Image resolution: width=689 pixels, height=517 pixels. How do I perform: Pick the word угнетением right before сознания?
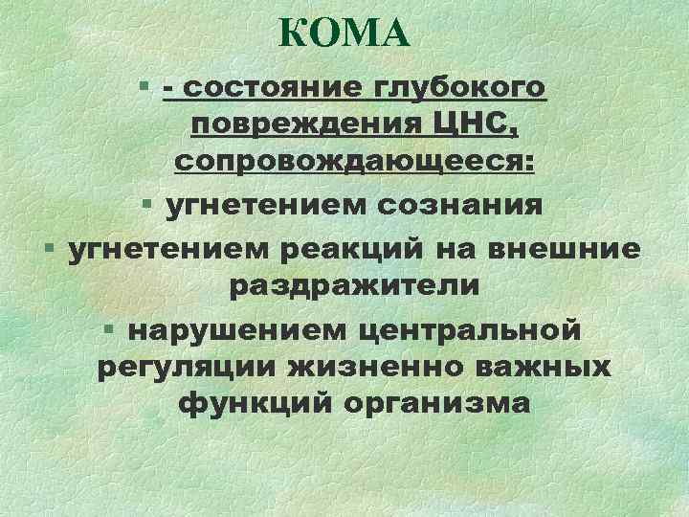(254, 206)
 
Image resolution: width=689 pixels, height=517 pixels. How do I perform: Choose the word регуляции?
(177, 367)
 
